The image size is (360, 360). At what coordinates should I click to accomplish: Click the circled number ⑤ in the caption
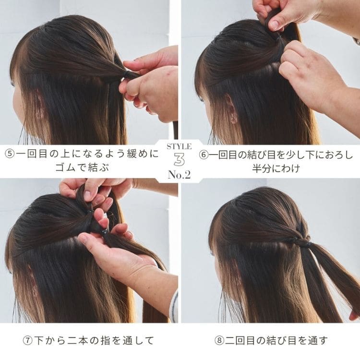(10, 154)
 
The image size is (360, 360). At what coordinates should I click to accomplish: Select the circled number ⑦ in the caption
(28, 340)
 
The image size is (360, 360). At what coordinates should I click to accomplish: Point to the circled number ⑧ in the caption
(219, 340)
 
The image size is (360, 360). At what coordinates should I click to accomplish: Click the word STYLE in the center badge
(180, 146)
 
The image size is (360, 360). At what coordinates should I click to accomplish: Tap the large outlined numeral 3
(180, 159)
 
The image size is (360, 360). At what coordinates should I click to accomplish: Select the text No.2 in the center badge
(180, 175)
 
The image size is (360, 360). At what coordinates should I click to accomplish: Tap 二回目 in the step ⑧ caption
(240, 340)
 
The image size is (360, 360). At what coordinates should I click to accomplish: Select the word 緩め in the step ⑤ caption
(138, 154)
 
